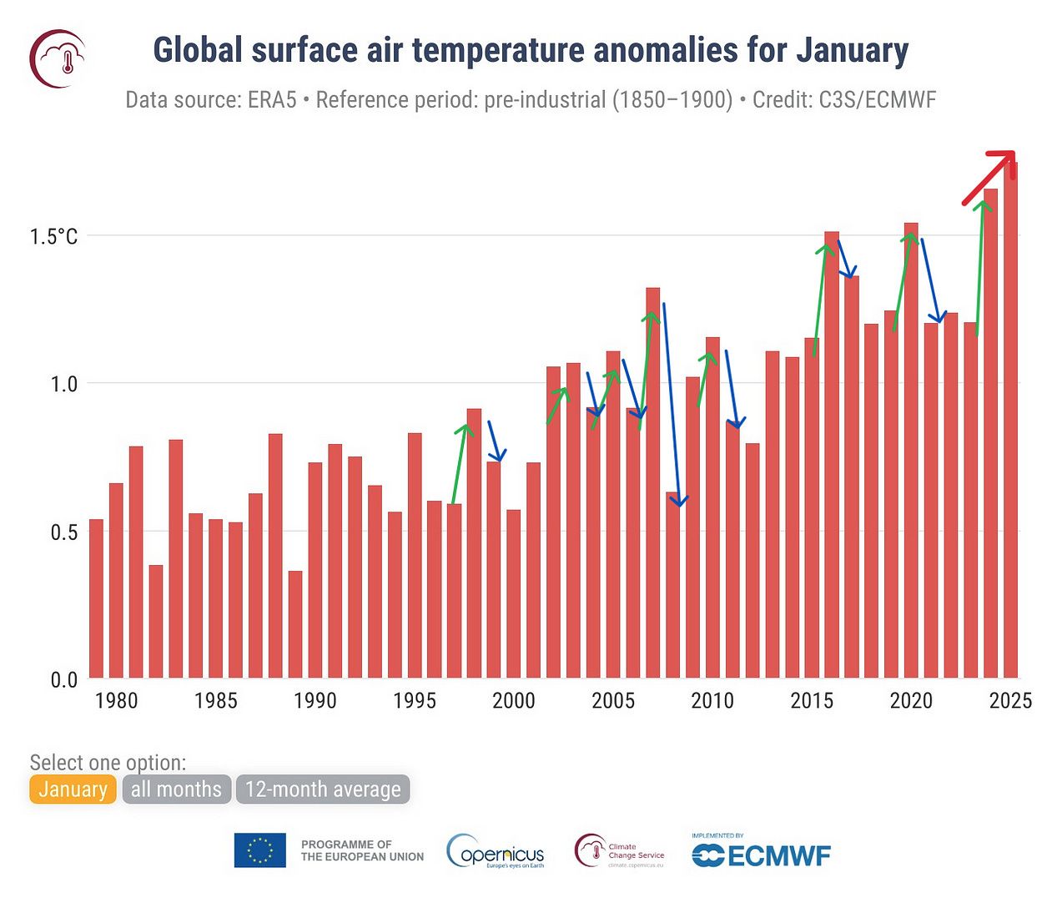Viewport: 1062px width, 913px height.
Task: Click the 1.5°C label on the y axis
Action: (x=54, y=236)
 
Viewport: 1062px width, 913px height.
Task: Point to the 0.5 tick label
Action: (x=63, y=532)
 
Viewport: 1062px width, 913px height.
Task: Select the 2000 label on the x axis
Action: (x=514, y=701)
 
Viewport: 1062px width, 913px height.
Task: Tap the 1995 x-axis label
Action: (x=415, y=701)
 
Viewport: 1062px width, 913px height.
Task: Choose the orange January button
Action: (x=73, y=789)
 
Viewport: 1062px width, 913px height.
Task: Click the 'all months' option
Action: (x=176, y=789)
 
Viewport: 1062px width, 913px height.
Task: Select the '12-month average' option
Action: (x=323, y=789)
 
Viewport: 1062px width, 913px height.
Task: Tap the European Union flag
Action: (x=259, y=850)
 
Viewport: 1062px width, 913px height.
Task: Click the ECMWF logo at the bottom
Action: (x=762, y=855)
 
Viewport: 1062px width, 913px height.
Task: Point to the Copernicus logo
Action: (x=496, y=851)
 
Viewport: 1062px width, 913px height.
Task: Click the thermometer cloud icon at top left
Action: (x=58, y=58)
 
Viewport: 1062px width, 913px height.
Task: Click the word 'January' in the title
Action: (x=851, y=50)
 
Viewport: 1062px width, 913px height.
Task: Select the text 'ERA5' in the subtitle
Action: (x=272, y=100)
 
